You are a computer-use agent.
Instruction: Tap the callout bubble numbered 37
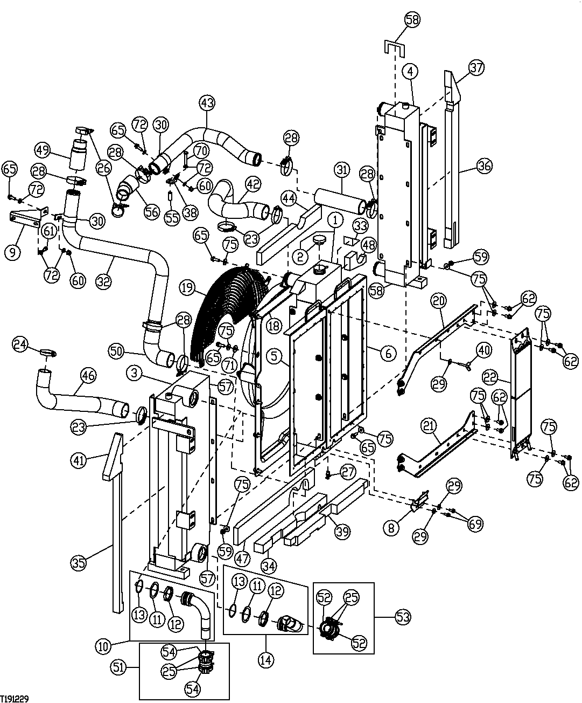point(476,68)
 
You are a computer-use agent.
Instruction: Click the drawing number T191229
point(15,698)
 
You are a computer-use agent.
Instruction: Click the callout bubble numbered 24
point(20,343)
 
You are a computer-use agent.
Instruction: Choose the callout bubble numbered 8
point(391,527)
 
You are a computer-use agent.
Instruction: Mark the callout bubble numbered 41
point(79,460)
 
